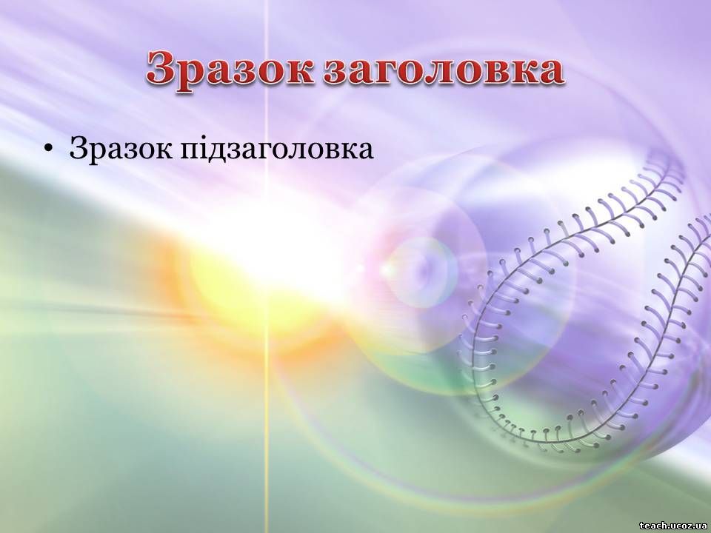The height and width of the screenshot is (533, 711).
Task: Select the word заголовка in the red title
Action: coord(444,70)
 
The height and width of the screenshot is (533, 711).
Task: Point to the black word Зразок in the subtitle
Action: coord(120,148)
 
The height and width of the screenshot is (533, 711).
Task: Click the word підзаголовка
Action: coord(277,148)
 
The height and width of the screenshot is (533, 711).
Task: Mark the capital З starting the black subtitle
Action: coord(78,148)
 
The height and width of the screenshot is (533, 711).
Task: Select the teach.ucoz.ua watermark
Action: coord(673,526)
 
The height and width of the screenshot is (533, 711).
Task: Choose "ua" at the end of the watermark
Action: coord(701,526)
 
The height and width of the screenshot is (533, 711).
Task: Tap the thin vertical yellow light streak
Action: coord(267,266)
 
